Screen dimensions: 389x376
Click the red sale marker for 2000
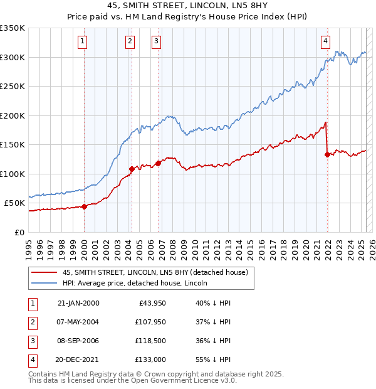pos(84,206)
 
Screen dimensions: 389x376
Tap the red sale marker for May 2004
pos(132,169)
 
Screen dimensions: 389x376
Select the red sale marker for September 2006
pos(158,163)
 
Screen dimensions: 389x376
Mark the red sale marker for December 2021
pos(327,154)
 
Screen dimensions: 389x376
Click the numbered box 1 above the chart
pos(83,41)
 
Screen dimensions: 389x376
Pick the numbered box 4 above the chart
pos(326,41)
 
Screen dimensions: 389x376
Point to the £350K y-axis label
pos(13,28)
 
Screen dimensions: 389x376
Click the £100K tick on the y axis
pos(13,174)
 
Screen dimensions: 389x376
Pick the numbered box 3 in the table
pos(32,341)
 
